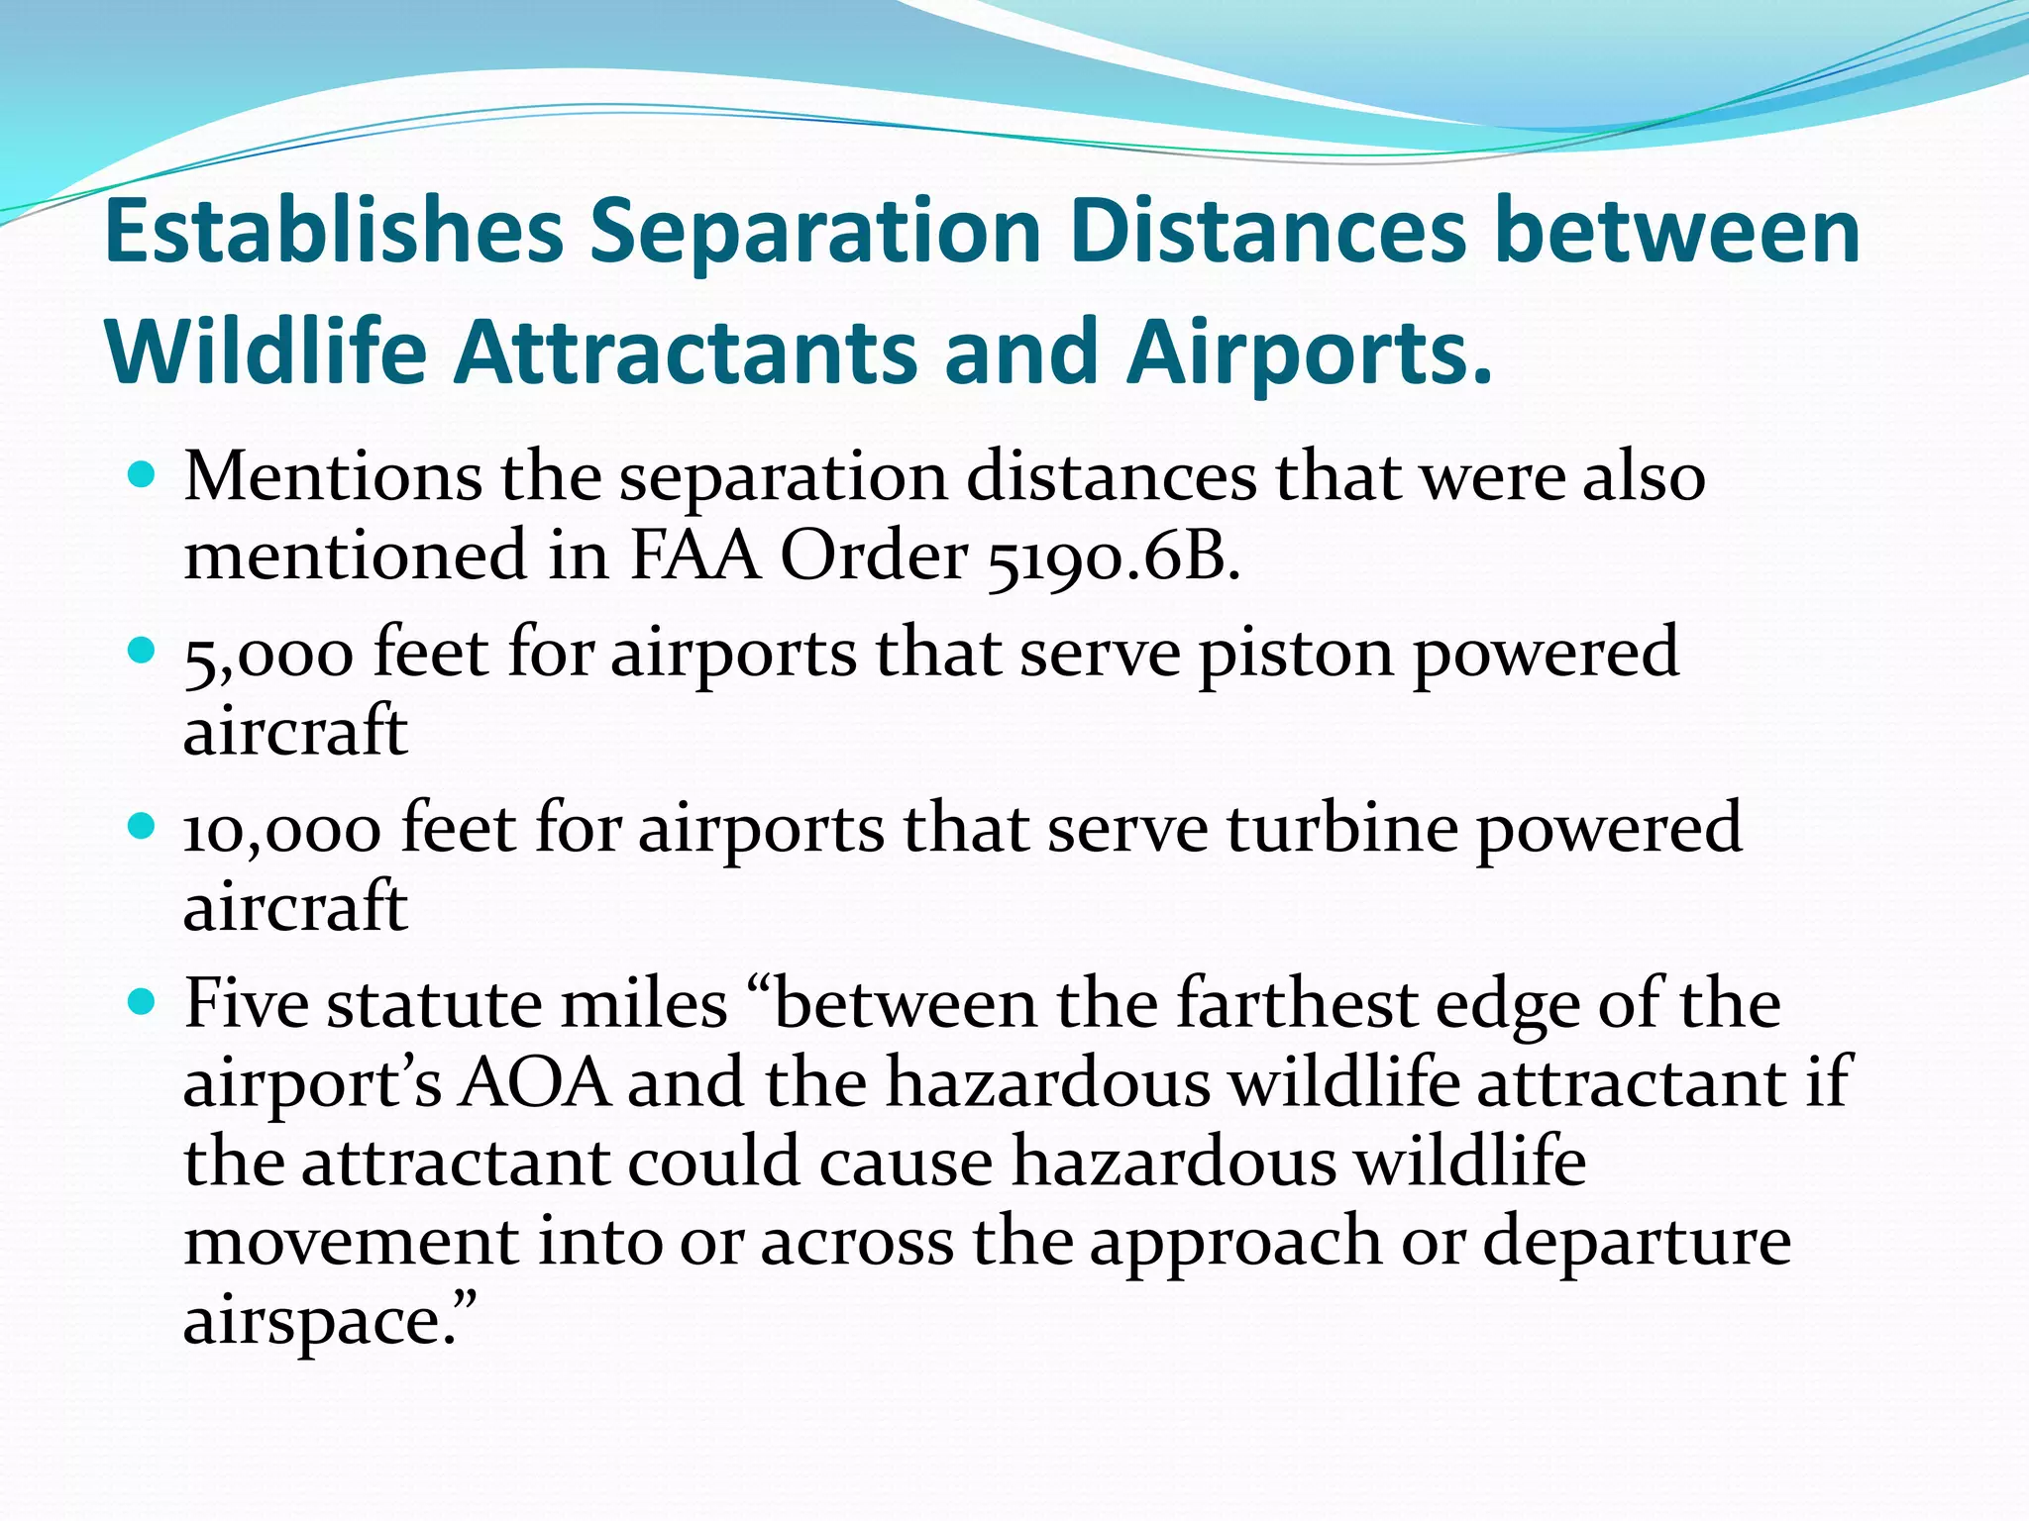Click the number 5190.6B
(1113, 558)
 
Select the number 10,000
(282, 830)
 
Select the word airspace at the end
(317, 1321)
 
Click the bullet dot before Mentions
(143, 476)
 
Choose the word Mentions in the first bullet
(333, 477)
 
